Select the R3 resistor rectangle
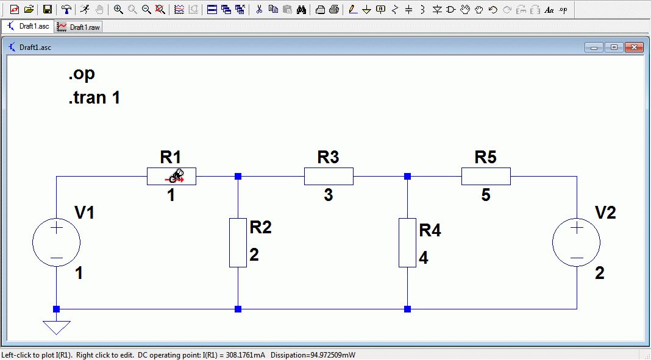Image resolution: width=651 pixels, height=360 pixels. [329, 177]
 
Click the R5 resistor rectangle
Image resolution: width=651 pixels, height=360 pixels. [486, 177]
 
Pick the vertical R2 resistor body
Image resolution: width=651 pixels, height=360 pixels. [238, 242]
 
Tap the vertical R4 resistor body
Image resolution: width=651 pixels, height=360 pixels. [407, 242]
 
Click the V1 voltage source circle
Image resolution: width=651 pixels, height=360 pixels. [57, 242]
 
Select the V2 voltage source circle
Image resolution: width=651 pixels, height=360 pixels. [577, 242]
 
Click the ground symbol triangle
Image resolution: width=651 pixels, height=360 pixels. [57, 327]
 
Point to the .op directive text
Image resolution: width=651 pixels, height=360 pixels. [82, 74]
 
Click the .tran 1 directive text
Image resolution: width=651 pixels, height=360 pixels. [94, 97]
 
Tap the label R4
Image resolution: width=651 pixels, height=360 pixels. [430, 231]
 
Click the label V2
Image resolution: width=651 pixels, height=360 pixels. [605, 213]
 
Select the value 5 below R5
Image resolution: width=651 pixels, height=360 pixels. [486, 196]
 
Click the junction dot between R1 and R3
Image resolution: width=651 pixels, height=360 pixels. [238, 177]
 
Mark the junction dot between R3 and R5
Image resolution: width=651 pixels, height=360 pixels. [407, 177]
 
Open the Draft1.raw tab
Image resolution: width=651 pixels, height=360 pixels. [79, 27]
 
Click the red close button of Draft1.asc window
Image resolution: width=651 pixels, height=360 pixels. [634, 48]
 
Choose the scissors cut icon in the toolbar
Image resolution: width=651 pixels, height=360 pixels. [258, 10]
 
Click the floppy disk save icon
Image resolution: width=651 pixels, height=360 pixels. [47, 10]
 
